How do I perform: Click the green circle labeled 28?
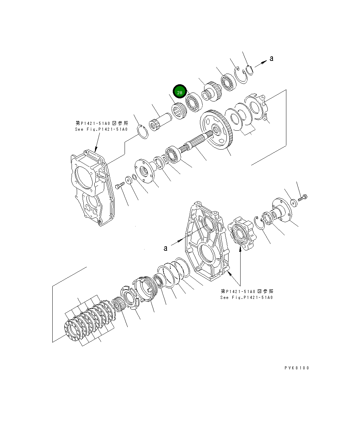tap(180, 92)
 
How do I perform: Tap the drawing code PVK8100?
tap(297, 368)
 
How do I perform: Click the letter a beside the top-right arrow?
tap(272, 59)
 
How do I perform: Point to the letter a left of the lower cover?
tap(166, 248)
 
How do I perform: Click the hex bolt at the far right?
tap(303, 198)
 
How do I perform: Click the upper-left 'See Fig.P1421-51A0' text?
tap(101, 129)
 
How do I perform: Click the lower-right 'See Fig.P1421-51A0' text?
tap(246, 298)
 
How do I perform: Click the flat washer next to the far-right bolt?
tap(293, 202)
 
